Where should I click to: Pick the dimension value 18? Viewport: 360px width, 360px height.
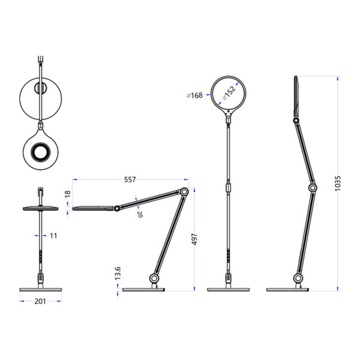(x=68, y=195)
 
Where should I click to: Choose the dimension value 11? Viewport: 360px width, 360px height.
(x=53, y=236)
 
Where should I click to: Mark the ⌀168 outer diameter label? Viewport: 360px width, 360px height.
(x=195, y=95)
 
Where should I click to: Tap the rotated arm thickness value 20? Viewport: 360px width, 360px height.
(x=140, y=213)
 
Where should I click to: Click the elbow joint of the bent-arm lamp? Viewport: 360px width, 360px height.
(x=185, y=193)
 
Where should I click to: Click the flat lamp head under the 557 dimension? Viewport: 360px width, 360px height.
(x=93, y=208)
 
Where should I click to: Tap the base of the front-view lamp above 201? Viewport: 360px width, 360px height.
(x=40, y=290)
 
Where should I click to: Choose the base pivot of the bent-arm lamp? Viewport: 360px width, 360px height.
(x=154, y=279)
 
